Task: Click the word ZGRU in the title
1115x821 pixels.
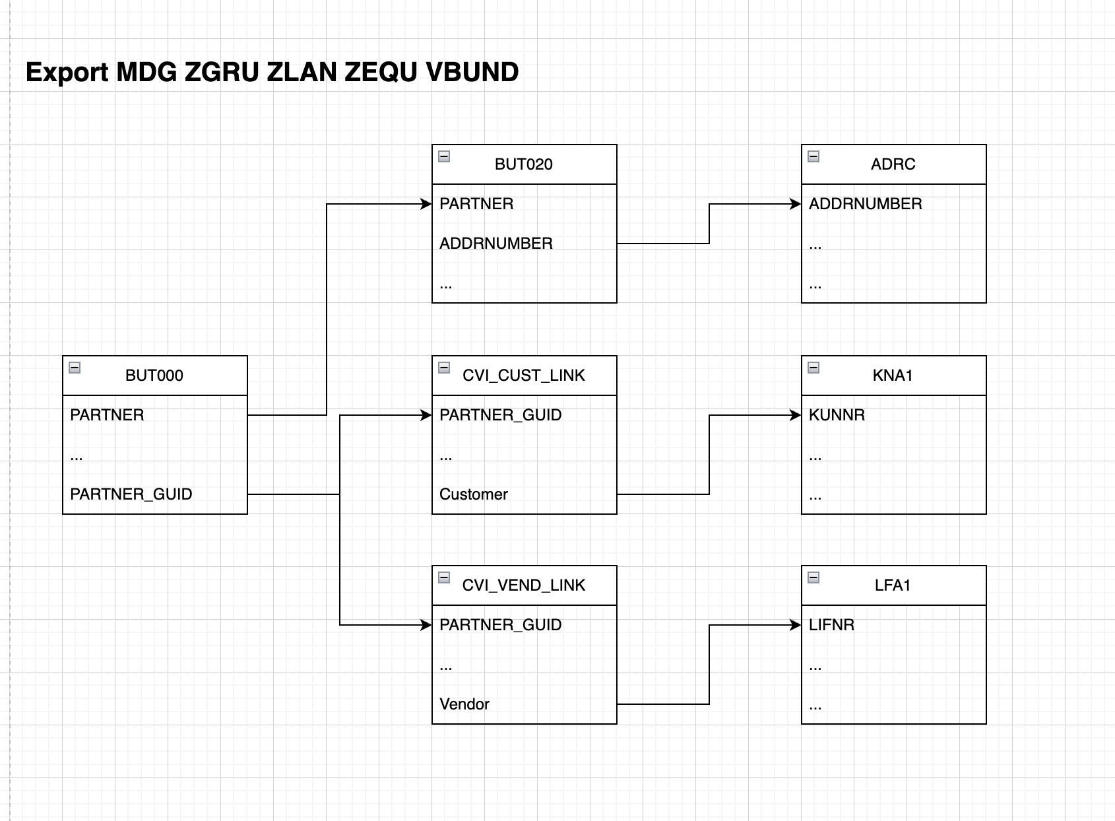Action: pyautogui.click(x=221, y=72)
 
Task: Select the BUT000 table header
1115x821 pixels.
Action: pyautogui.click(x=154, y=376)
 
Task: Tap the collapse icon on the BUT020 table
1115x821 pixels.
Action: pyautogui.click(x=444, y=156)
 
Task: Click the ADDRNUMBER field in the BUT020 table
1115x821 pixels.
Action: pyautogui.click(x=496, y=244)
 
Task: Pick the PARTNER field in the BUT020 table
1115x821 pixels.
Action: pyautogui.click(x=476, y=204)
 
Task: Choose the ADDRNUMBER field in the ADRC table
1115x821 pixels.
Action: pyautogui.click(x=866, y=204)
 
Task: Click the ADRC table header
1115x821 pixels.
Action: pyautogui.click(x=893, y=164)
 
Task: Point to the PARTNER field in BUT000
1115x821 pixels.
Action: pyautogui.click(x=107, y=415)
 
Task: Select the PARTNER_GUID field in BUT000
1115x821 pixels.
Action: pyautogui.click(x=131, y=494)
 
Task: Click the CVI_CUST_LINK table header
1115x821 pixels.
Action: pyautogui.click(x=523, y=376)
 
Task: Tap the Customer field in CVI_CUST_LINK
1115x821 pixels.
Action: pyautogui.click(x=474, y=494)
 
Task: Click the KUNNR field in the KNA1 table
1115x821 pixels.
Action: pyautogui.click(x=837, y=415)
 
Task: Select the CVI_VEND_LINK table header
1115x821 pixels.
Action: pyautogui.click(x=523, y=585)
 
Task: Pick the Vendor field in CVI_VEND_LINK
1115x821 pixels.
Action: pyautogui.click(x=464, y=704)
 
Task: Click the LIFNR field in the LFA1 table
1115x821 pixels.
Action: pyautogui.click(x=831, y=625)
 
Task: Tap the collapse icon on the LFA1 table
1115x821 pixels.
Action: pyautogui.click(x=813, y=577)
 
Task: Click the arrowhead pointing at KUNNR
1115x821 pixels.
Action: pyautogui.click(x=796, y=415)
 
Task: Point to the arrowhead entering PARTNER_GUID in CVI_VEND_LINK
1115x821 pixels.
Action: pyautogui.click(x=426, y=625)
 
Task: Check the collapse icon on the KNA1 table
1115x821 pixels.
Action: pyautogui.click(x=813, y=368)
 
